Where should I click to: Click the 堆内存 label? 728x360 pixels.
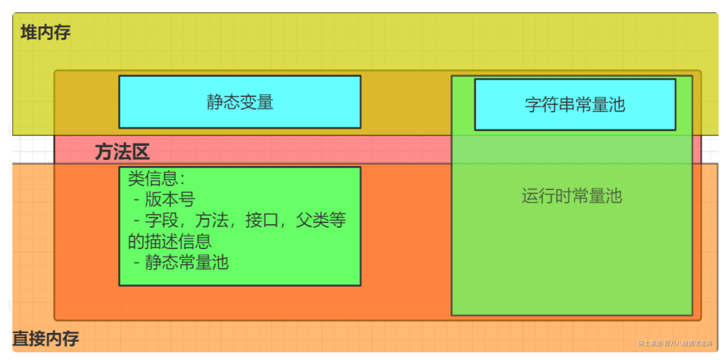pos(45,32)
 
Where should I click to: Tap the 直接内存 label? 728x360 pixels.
pos(45,339)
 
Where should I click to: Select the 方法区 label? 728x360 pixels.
pos(122,152)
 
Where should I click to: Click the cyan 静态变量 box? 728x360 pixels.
pos(240,102)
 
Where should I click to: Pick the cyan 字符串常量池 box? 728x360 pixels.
pos(575,104)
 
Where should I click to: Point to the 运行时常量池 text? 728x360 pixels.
pos(572,195)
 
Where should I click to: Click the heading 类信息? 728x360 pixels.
pos(156,178)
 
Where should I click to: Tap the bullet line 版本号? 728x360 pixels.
pos(170,199)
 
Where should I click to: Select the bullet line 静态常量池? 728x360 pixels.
pos(186,262)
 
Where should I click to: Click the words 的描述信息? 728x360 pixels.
pos(170,241)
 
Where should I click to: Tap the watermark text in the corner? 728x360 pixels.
pos(674,343)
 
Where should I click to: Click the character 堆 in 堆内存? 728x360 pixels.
pos(28,32)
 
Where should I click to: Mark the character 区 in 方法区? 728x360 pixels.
pos(140,152)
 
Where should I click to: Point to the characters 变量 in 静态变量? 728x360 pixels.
pos(257,102)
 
